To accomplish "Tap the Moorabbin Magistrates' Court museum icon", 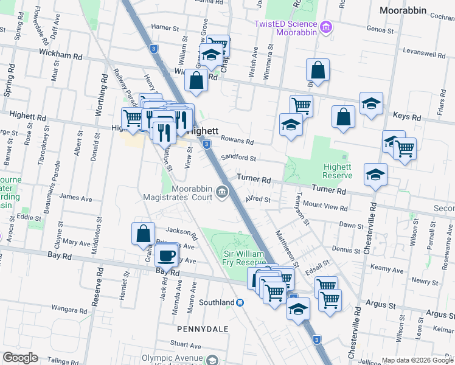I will click(222, 192).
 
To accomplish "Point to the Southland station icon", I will click(240, 302).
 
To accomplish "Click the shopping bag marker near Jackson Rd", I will click(142, 233).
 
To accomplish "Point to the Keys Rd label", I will click(407, 117).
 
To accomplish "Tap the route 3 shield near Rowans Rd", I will click(207, 144).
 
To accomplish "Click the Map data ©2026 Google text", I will click(417, 360).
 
